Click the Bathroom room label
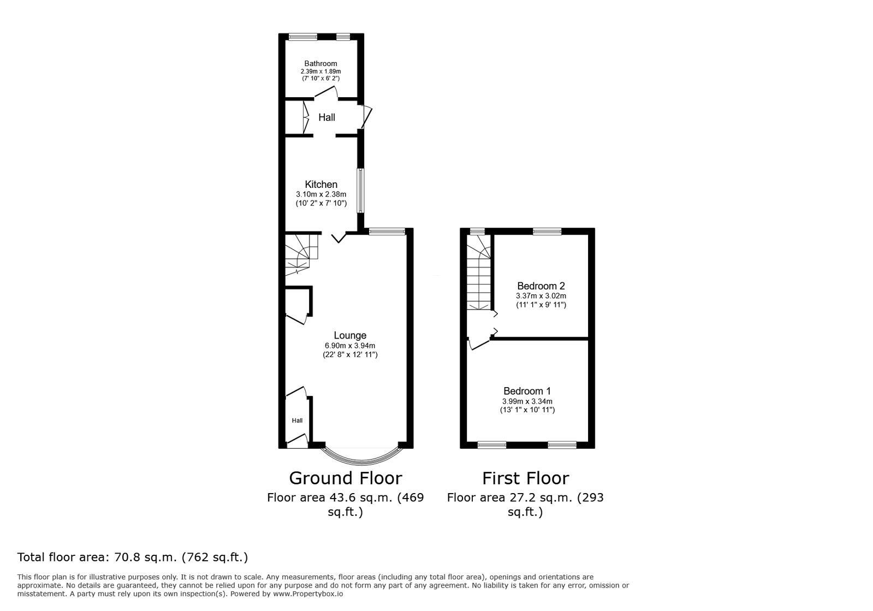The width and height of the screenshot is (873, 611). click(320, 63)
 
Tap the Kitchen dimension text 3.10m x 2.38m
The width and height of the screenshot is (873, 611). click(321, 194)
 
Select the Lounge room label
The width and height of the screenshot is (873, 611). click(350, 335)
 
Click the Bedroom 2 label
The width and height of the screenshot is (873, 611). click(541, 286)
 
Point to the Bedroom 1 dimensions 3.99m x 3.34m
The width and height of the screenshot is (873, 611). click(527, 401)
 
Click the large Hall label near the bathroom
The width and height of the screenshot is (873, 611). click(326, 117)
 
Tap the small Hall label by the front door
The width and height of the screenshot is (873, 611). click(297, 420)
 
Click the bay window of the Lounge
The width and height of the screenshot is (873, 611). click(362, 456)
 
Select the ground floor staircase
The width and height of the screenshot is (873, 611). click(299, 254)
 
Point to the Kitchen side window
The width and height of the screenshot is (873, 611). click(360, 191)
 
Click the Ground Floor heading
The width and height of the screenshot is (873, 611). click(345, 478)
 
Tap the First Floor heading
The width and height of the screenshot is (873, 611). click(525, 478)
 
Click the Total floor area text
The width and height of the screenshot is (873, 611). click(133, 557)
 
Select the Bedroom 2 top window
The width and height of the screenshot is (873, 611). click(547, 232)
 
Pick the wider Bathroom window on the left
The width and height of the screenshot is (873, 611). click(303, 37)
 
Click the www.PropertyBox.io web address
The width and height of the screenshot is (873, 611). click(308, 594)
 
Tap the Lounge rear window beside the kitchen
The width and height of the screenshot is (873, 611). click(387, 232)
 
